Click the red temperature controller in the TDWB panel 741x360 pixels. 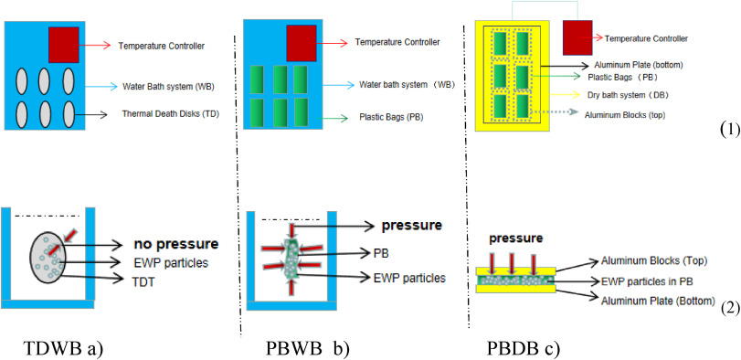(64, 45)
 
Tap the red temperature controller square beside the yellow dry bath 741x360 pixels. (577, 38)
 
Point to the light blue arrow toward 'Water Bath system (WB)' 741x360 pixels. (101, 87)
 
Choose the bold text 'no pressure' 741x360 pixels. (175, 245)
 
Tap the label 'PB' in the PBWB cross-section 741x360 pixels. (380, 254)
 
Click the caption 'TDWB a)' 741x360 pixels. (63, 348)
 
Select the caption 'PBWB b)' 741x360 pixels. (307, 348)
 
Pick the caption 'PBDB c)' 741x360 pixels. (524, 348)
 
